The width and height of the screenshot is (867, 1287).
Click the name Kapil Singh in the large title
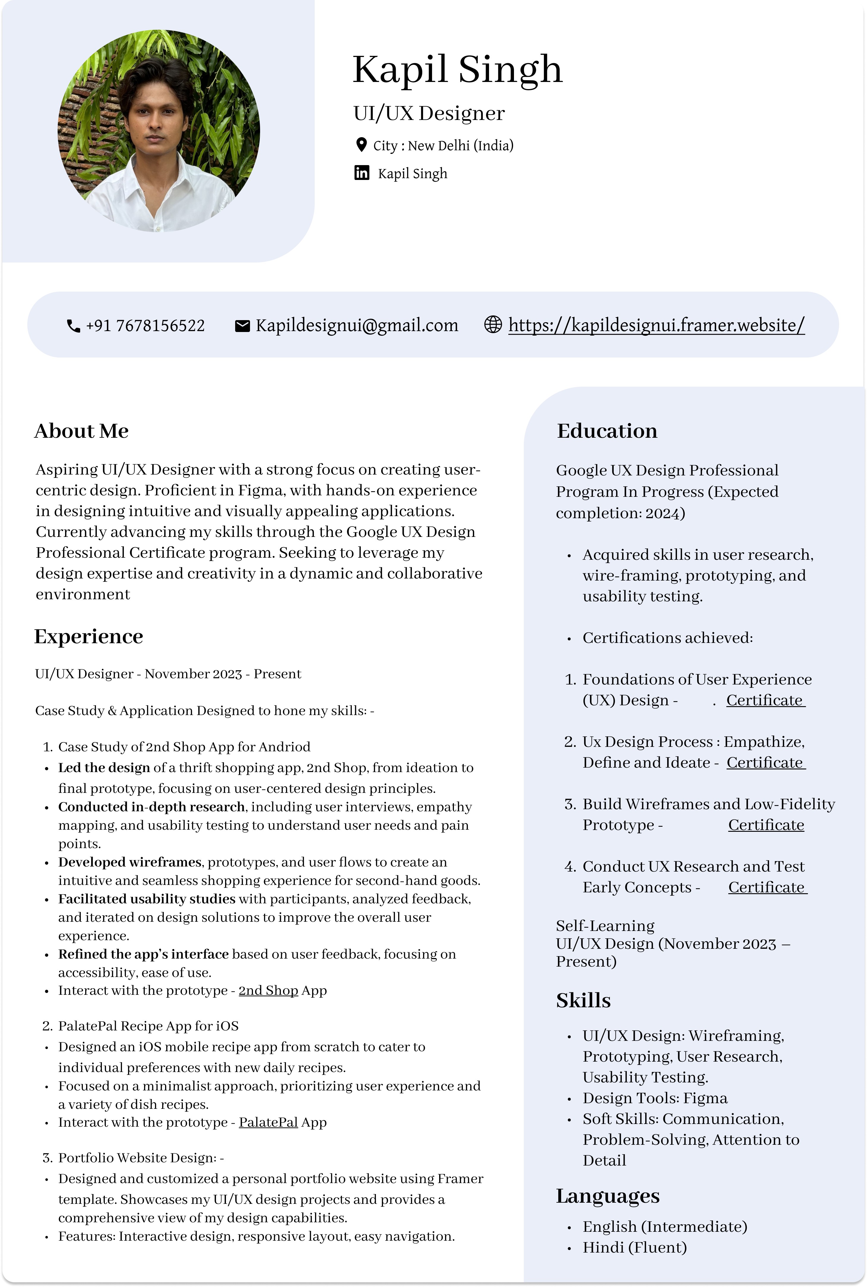[457, 70]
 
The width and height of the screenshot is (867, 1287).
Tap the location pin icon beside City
[361, 145]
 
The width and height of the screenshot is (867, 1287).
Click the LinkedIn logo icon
[362, 173]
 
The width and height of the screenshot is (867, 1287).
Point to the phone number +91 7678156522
[145, 326]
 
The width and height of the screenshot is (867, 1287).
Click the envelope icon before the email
[242, 326]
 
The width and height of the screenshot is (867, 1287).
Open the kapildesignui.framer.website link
[656, 325]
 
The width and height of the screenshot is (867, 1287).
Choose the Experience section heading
[88, 636]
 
